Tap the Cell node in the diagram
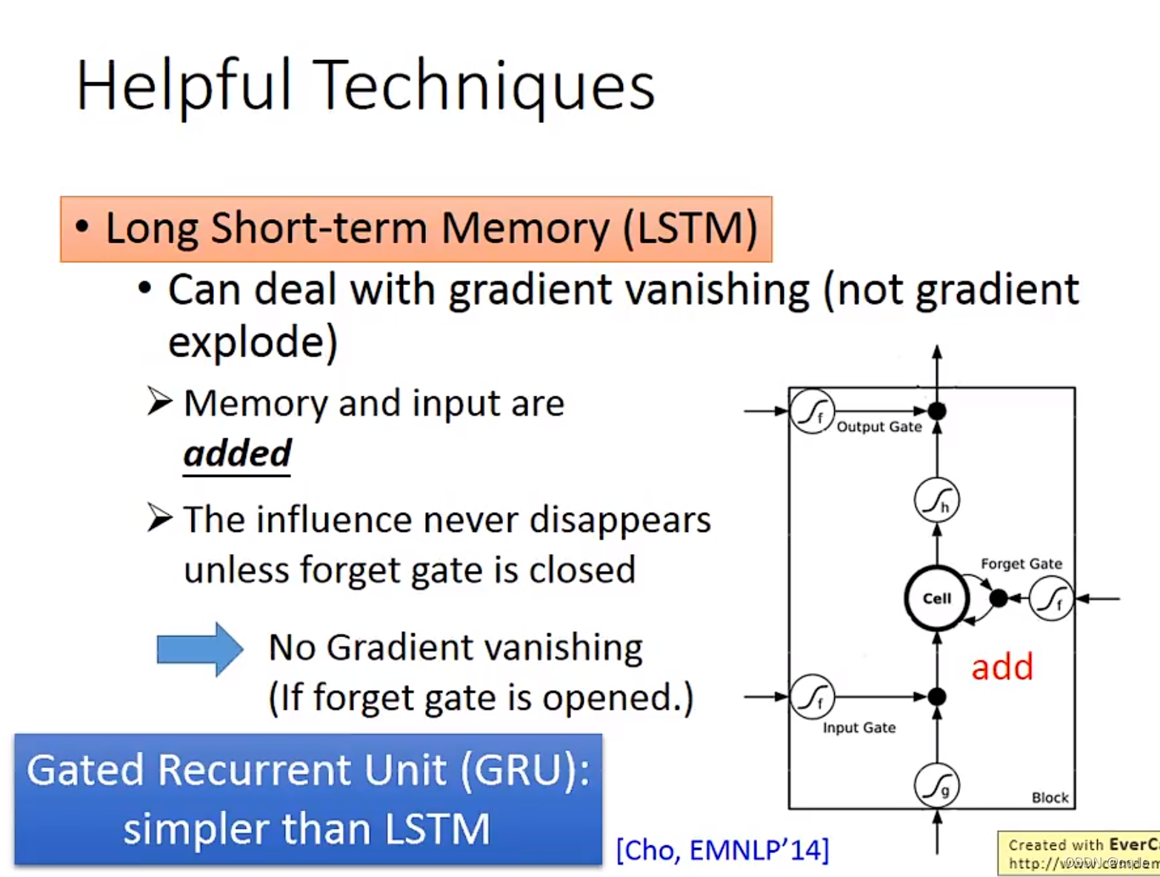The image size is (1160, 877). (936, 598)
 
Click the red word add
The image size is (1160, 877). (1001, 667)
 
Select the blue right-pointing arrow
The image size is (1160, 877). (199, 649)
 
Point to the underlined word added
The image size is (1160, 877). (237, 453)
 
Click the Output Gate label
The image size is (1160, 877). (879, 427)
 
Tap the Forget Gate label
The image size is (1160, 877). (1021, 564)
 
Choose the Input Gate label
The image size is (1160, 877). (859, 727)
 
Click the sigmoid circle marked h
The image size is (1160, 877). (936, 501)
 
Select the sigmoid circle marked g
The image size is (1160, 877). (936, 785)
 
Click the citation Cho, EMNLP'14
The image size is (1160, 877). (722, 850)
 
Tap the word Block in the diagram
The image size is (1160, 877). (1050, 798)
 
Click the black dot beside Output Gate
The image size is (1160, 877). (937, 410)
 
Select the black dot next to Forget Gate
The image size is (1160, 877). (998, 598)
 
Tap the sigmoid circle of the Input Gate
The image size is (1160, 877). (812, 696)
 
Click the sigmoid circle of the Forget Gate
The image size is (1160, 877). (1050, 598)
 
